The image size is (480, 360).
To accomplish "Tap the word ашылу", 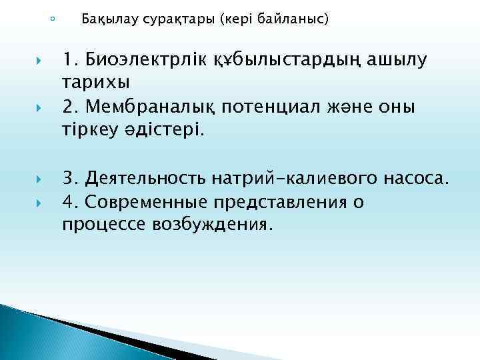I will click(x=394, y=61).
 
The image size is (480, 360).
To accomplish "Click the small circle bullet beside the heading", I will click(x=53, y=18).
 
